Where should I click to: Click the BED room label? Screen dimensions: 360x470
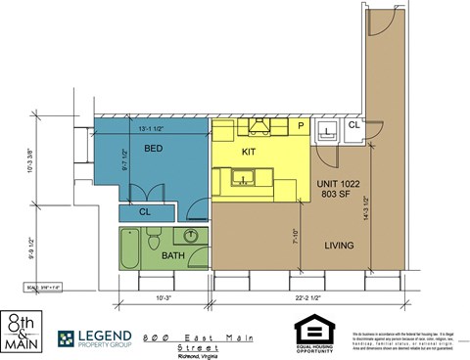coord(154,149)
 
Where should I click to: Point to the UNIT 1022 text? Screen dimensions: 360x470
coord(336,183)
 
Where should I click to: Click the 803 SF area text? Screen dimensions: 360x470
coord(336,194)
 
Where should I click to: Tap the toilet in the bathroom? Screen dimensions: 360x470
coord(153,240)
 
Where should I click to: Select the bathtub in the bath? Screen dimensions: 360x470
coord(129,248)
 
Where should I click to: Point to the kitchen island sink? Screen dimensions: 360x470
coord(242,178)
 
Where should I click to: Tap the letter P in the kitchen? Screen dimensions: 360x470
coord(300,127)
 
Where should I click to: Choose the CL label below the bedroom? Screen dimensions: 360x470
coord(144,211)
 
